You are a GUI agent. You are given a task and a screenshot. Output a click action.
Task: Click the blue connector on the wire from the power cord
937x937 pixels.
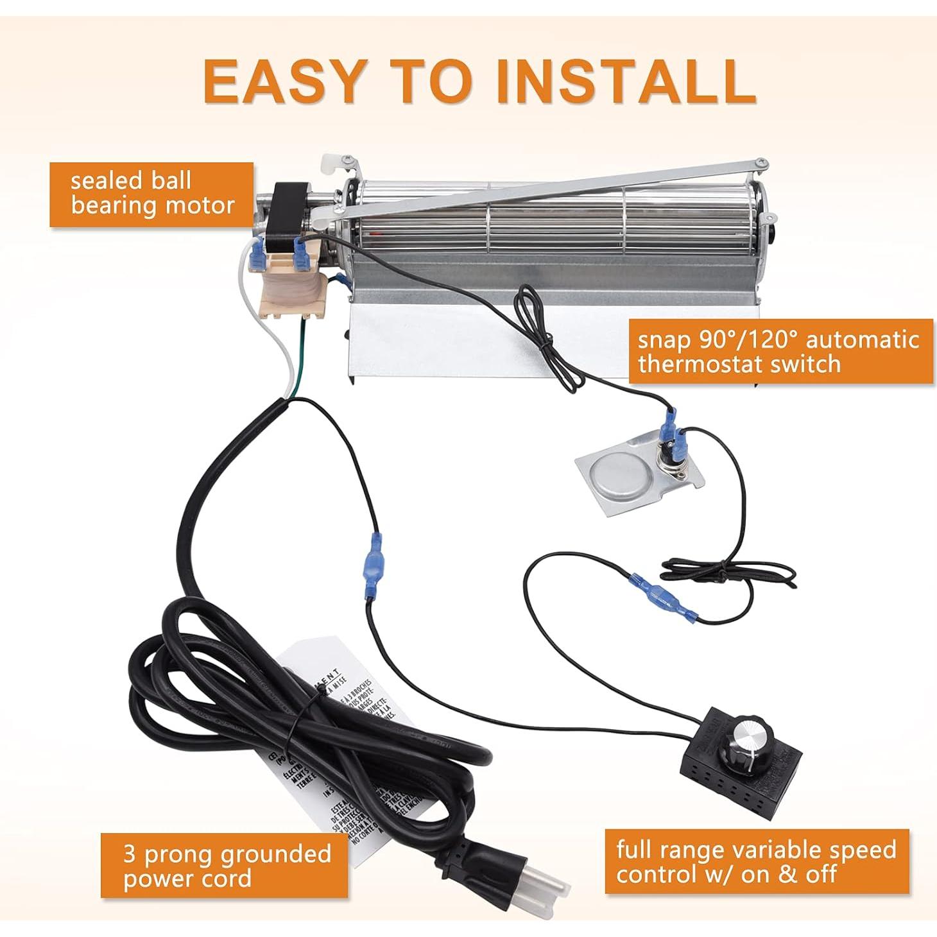(374, 565)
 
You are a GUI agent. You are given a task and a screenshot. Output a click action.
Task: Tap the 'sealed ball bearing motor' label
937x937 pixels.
(152, 194)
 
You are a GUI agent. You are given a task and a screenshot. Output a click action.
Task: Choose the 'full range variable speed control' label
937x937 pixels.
(756, 861)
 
